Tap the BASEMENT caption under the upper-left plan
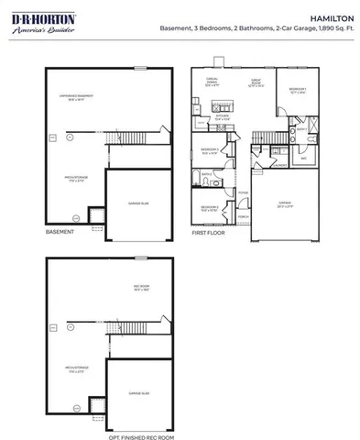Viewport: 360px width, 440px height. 60,232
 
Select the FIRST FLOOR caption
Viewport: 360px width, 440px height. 207,232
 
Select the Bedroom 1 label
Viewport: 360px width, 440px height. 296,91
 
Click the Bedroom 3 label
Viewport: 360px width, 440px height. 210,152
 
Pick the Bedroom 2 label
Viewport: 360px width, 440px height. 210,209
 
